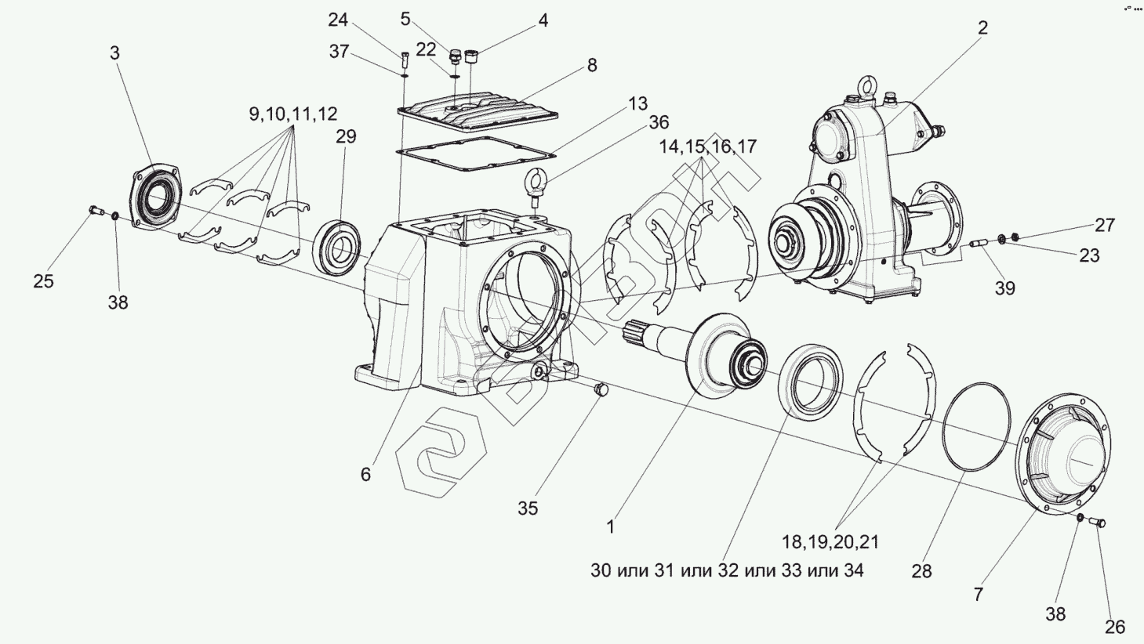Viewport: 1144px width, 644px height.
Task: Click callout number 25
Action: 43,281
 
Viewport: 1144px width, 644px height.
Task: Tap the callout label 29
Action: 346,136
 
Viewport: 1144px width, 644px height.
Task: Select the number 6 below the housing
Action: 365,475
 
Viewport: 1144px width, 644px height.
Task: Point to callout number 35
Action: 528,508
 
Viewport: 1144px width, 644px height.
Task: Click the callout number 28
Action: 921,571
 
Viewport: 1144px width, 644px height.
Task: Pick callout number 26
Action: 1115,627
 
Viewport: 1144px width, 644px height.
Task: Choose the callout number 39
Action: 1004,288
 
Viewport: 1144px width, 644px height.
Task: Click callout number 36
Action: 659,122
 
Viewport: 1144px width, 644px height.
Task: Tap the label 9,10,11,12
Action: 293,114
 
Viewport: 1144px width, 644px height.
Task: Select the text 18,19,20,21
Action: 830,541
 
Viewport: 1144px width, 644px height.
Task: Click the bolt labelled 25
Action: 97,210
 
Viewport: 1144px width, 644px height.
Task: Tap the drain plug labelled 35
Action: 602,389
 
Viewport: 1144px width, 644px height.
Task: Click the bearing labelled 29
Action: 338,248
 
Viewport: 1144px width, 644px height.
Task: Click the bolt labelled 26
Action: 1098,522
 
